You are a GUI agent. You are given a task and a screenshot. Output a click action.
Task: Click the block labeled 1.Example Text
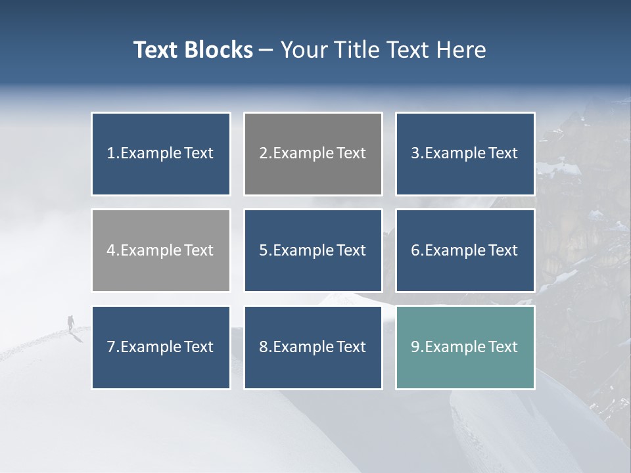[161, 154]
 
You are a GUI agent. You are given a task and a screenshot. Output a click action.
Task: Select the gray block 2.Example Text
[313, 154]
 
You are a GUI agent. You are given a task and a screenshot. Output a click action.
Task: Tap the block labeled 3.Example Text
[465, 154]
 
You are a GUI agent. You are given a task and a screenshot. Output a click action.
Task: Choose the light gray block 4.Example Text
[161, 250]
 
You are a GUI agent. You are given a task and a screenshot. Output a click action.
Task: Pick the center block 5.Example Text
[313, 250]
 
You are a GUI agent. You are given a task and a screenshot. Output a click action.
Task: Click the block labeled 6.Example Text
[465, 250]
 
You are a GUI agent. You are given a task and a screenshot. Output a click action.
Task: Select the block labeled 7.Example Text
[161, 347]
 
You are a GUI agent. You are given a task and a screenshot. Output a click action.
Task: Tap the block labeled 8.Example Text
[313, 347]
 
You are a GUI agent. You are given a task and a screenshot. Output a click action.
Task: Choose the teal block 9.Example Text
[465, 347]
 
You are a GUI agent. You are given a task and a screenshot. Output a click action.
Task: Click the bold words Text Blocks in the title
[193, 50]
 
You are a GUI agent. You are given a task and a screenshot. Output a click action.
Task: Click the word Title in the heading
[355, 50]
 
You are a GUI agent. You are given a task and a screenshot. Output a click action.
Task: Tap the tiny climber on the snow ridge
[70, 323]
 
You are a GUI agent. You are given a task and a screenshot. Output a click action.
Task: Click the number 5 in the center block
[262, 250]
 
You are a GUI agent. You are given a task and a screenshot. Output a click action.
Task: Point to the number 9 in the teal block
[415, 347]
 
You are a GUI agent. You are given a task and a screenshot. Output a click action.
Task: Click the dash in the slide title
[266, 51]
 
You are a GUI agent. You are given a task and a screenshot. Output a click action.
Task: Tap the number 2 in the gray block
[263, 154]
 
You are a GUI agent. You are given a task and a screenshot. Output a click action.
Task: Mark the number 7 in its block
[110, 347]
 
